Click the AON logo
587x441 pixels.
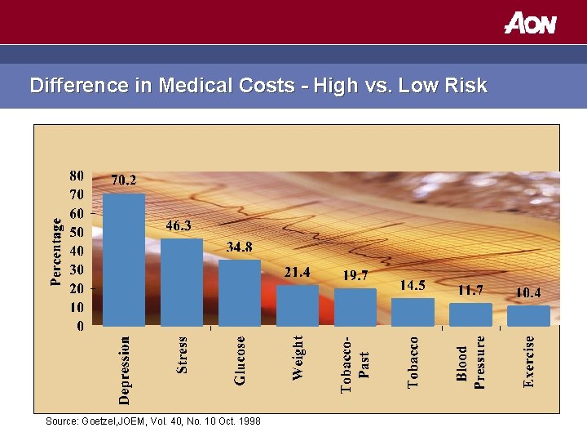pyautogui.click(x=530, y=22)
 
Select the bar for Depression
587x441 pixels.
pyautogui.click(x=124, y=260)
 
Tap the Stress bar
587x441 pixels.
pyautogui.click(x=182, y=282)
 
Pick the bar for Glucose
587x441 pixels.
pyautogui.click(x=240, y=292)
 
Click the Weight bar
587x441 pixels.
pyautogui.click(x=298, y=305)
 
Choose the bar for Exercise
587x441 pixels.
pyautogui.click(x=528, y=315)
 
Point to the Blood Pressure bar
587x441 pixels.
pyautogui.click(x=470, y=314)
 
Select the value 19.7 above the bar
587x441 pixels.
pyautogui.click(x=355, y=275)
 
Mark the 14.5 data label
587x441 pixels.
pyautogui.click(x=412, y=285)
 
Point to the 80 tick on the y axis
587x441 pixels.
pyautogui.click(x=76, y=176)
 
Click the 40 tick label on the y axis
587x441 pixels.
pyautogui.click(x=76, y=251)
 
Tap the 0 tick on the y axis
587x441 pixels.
pyautogui.click(x=79, y=327)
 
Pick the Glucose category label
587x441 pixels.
pyautogui.click(x=240, y=360)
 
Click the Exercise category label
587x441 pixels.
pyautogui.click(x=529, y=360)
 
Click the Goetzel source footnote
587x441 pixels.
pyautogui.click(x=153, y=421)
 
